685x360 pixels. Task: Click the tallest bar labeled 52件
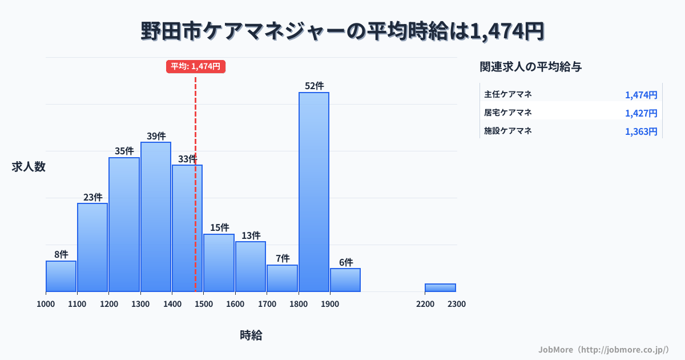coord(314,191)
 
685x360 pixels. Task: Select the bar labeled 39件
coord(156,217)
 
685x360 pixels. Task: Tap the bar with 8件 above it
coord(61,276)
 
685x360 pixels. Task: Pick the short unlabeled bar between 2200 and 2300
coord(440,287)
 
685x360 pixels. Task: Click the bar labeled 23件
coord(92,247)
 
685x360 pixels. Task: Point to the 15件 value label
coord(219,227)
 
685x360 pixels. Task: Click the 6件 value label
coord(346,262)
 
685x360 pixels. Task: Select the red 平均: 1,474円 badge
coord(196,66)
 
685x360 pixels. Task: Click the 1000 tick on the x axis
coord(46,304)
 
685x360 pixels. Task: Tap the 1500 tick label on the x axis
coord(204,304)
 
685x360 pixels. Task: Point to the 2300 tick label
coord(456,304)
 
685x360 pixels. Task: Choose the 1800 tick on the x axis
coord(298,304)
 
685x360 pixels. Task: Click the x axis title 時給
coord(251,335)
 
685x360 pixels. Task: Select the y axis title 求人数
coord(29,167)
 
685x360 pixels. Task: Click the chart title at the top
coord(342,31)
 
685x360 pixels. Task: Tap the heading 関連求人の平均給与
coord(531,67)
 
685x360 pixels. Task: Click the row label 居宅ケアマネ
coord(508,112)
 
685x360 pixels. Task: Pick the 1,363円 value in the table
coord(641,131)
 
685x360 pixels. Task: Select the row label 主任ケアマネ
coord(508,94)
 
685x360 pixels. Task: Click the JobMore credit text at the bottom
coord(603,349)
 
